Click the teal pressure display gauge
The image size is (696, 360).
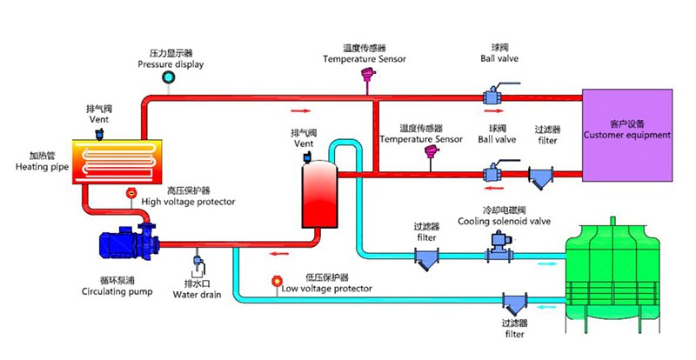coord(168,79)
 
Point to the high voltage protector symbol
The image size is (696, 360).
coord(131,192)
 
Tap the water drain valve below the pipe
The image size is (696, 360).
coord(197,262)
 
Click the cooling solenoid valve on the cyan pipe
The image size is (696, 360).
coord(496,251)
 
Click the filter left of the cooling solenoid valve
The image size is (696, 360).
coord(426,258)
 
